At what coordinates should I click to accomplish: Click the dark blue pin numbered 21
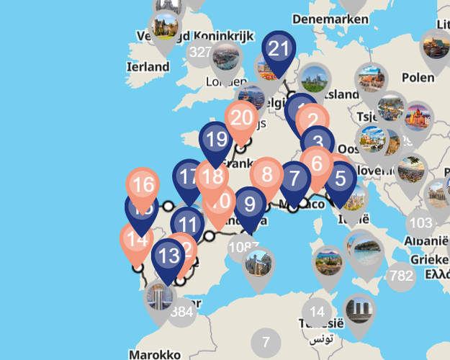pyautogui.click(x=278, y=50)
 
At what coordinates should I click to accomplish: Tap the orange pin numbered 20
pyautogui.click(x=242, y=118)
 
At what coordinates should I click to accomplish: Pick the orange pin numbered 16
pyautogui.click(x=143, y=185)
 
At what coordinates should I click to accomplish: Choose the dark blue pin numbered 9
pyautogui.click(x=250, y=204)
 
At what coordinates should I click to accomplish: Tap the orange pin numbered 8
pyautogui.click(x=267, y=174)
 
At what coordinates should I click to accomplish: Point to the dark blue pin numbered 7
pyautogui.click(x=294, y=177)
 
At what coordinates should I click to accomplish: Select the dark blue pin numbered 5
pyautogui.click(x=340, y=177)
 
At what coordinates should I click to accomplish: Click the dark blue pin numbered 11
pyautogui.click(x=189, y=225)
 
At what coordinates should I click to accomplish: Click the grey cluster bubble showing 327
pyautogui.click(x=199, y=52)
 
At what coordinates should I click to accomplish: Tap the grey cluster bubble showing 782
pyautogui.click(x=400, y=275)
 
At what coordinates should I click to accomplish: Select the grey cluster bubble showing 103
pyautogui.click(x=420, y=223)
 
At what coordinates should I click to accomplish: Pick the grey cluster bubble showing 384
pyautogui.click(x=182, y=312)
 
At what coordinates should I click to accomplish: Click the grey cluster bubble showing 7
pyautogui.click(x=266, y=342)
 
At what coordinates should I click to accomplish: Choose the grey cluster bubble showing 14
pyautogui.click(x=315, y=312)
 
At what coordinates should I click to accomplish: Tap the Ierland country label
pyautogui.click(x=148, y=67)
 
